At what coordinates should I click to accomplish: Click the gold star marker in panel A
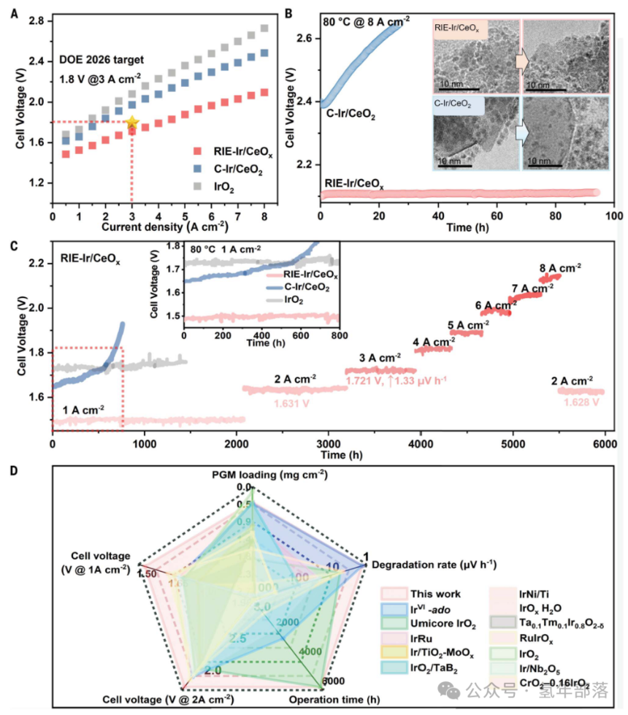pos(131,123)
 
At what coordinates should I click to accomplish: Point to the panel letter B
pos(289,13)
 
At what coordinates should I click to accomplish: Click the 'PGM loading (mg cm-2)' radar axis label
pos(253,475)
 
